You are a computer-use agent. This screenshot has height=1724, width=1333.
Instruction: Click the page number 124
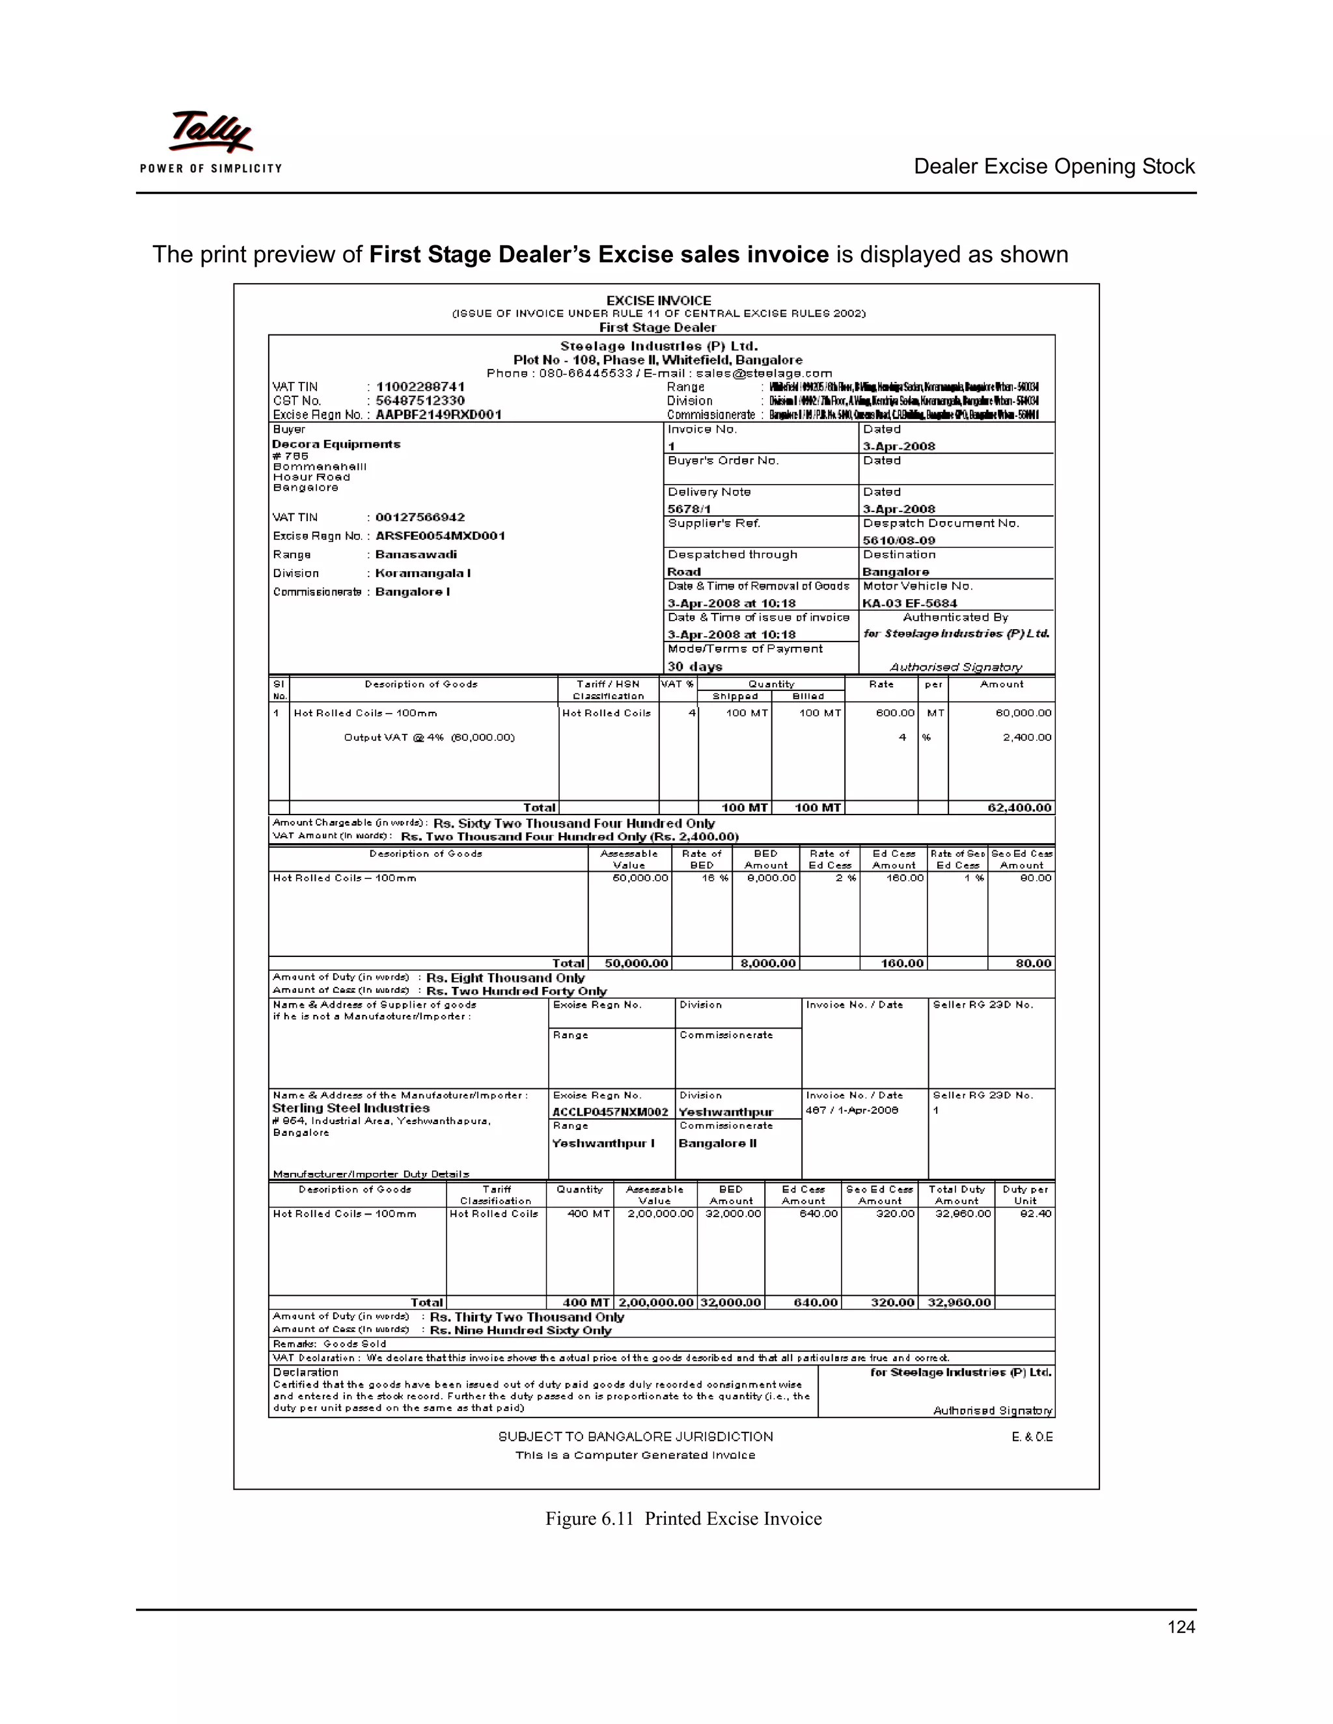point(1181,1626)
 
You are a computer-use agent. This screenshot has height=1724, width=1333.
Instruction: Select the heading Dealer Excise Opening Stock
point(1054,167)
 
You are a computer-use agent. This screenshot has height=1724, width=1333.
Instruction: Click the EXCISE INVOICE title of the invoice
point(659,301)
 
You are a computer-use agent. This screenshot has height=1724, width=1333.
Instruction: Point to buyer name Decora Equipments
point(337,444)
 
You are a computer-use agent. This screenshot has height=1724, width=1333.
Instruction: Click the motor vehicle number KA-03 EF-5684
point(910,603)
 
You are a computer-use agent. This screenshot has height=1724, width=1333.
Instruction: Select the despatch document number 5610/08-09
point(899,541)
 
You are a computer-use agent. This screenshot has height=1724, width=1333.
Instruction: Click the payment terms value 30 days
point(694,666)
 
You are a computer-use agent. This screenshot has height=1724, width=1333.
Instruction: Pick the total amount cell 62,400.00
point(1019,807)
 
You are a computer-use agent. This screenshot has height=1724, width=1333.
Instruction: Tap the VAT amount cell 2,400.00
point(1026,737)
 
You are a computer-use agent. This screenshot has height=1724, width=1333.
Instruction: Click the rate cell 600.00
point(895,713)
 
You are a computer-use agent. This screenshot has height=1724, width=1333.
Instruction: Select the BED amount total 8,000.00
point(767,963)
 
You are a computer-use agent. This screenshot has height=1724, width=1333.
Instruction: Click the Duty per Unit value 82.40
point(1036,1213)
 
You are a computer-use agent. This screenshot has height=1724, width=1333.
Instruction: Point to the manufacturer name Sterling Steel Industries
point(351,1109)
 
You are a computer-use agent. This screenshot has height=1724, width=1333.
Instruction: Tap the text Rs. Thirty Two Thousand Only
point(527,1317)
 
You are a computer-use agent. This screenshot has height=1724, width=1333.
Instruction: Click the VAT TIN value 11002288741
point(420,387)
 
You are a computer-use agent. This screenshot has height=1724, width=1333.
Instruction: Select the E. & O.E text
point(1032,1436)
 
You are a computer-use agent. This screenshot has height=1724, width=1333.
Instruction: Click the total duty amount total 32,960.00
point(959,1302)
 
